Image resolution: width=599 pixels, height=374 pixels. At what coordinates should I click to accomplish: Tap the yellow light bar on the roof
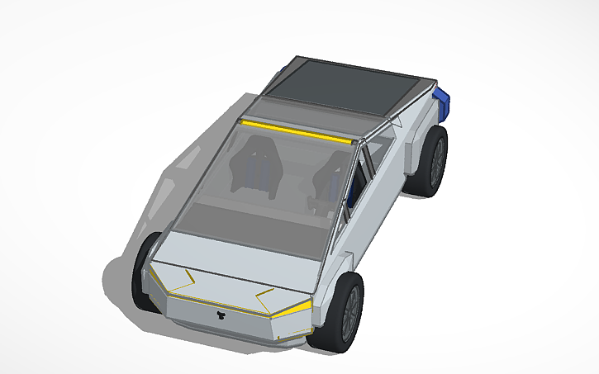(x=297, y=131)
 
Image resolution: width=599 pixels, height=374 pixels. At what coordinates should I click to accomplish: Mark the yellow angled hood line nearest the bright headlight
(x=269, y=293)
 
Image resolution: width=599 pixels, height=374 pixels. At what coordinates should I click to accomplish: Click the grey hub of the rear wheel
(x=436, y=160)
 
